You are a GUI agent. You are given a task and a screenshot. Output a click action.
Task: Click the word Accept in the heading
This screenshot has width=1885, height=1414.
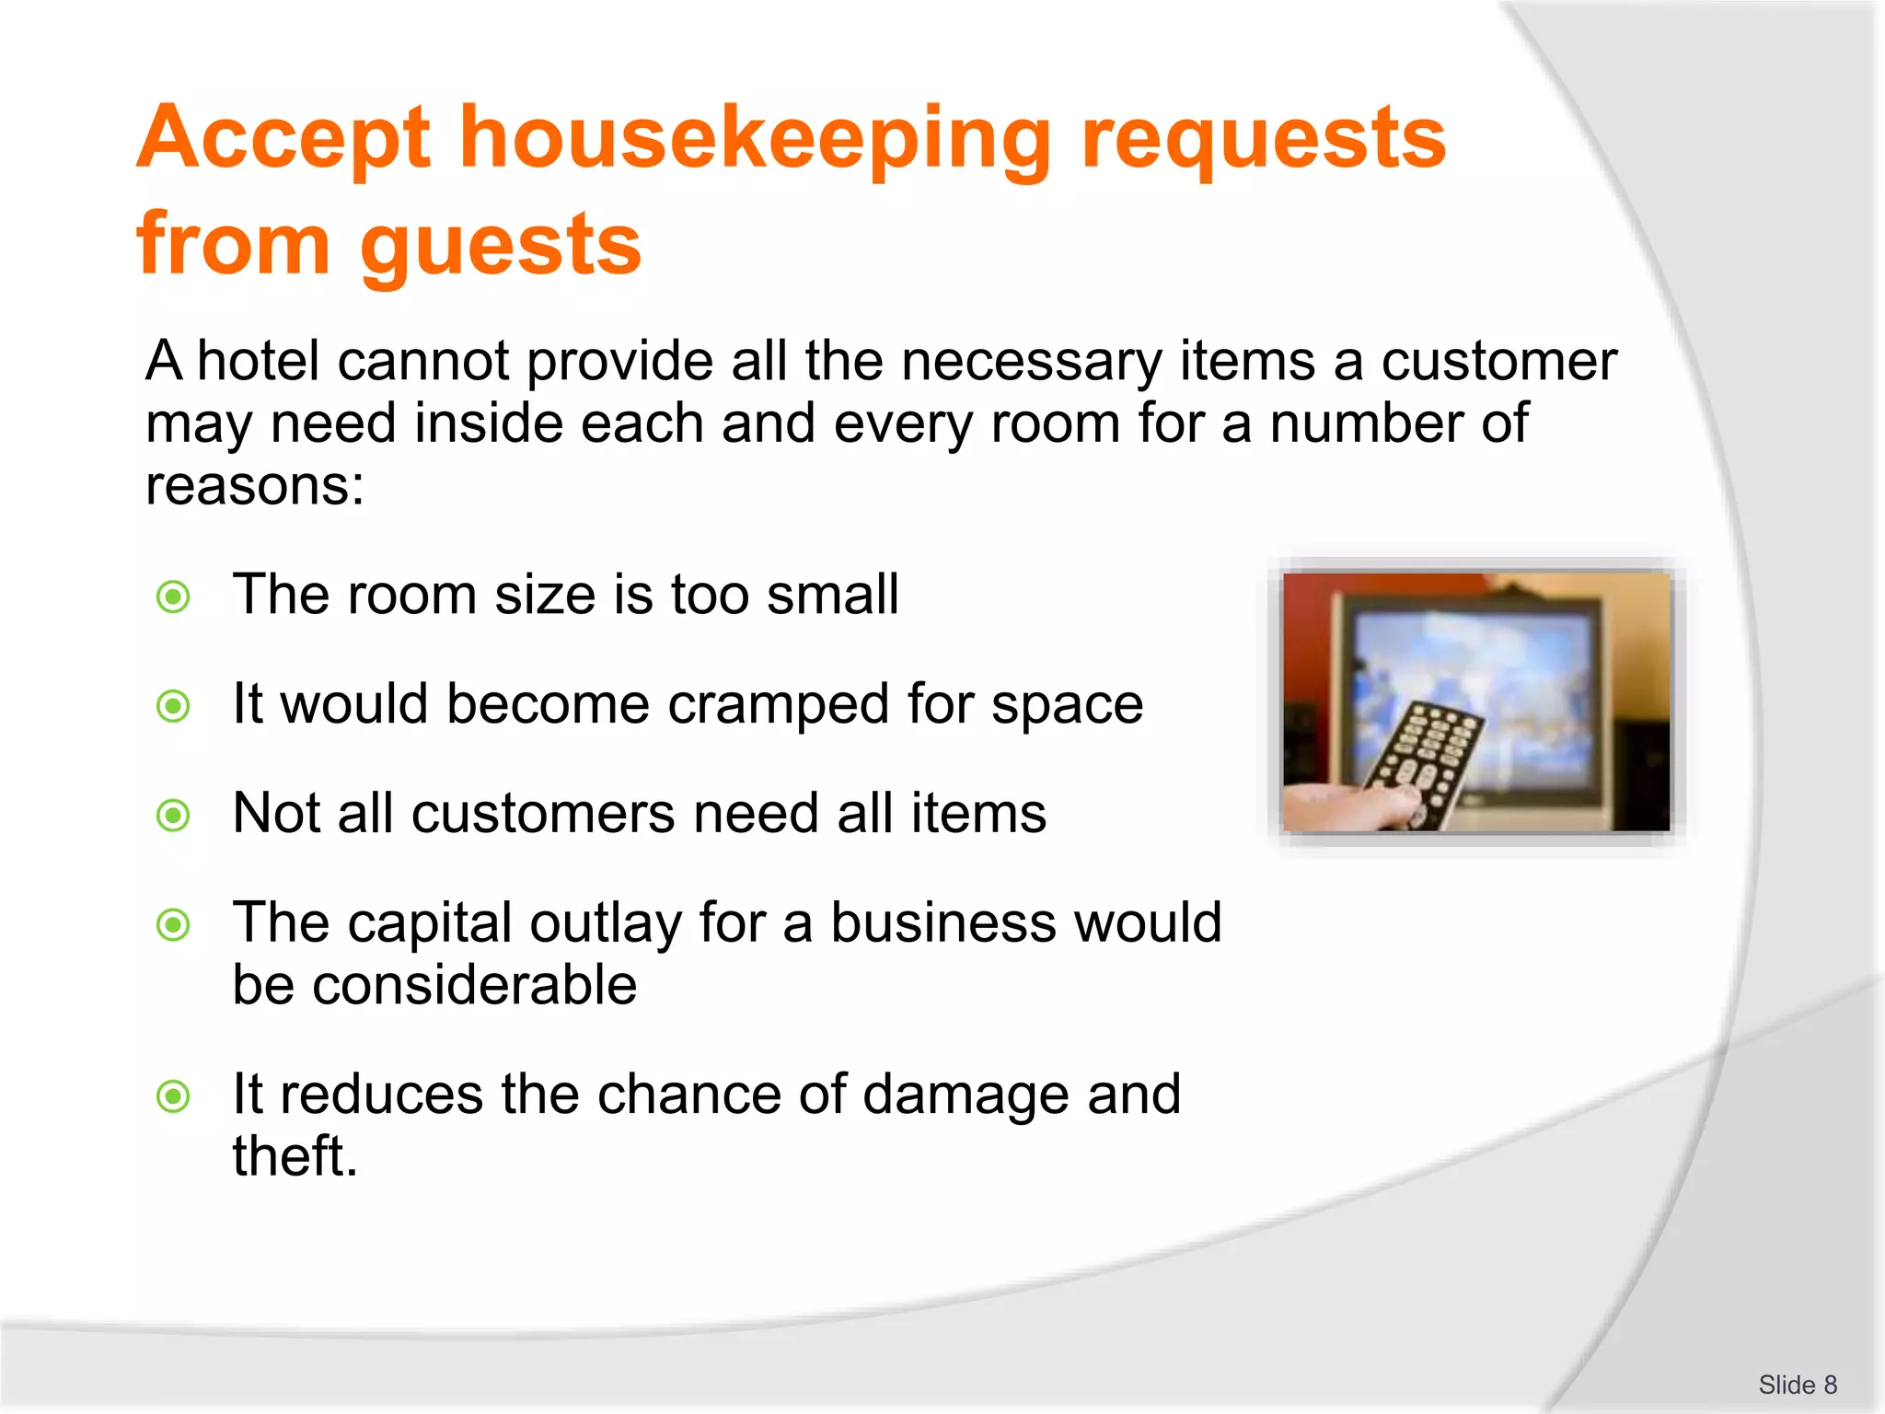tap(283, 140)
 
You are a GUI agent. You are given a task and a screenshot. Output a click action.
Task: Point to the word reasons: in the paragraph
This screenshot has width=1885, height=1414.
tap(255, 486)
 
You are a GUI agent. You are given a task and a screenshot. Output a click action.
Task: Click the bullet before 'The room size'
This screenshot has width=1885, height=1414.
tap(173, 597)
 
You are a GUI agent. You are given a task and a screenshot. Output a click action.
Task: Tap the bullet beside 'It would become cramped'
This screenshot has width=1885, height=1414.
tap(173, 707)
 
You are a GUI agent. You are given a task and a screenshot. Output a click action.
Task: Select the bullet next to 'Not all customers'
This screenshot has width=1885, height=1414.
tap(173, 816)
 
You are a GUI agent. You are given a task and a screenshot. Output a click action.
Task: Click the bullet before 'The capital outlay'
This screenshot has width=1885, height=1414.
tap(173, 924)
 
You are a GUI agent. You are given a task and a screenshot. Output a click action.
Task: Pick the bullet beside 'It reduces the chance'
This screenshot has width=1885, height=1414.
tap(173, 1096)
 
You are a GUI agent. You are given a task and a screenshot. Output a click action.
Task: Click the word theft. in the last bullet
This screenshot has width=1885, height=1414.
tap(295, 1157)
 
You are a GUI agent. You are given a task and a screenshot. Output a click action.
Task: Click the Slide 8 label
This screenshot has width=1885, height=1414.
tap(1797, 1385)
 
